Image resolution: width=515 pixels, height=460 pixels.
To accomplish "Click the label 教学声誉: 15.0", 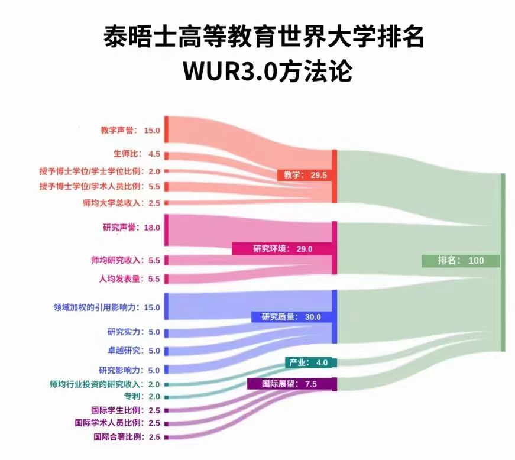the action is click(130, 130).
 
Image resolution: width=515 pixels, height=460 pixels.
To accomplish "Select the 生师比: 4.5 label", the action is click(137, 154).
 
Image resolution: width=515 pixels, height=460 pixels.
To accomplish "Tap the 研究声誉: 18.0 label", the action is click(131, 228).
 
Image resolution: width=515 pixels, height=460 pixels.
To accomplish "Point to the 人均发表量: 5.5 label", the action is click(129, 278).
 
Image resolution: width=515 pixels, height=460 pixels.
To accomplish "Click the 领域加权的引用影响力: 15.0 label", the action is click(107, 307).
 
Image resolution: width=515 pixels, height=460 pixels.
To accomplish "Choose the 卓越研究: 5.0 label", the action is click(134, 351).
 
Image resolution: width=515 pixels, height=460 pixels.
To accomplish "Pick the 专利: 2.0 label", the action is click(142, 396).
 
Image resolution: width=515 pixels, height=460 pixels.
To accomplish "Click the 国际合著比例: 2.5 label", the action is click(127, 437).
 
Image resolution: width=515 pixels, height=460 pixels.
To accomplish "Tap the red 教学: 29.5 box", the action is click(306, 175).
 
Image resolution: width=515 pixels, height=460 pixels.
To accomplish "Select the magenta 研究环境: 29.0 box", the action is click(283, 249).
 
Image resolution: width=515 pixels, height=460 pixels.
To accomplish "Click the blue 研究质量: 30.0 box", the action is click(291, 317).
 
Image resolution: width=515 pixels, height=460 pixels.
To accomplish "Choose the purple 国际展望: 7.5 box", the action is click(290, 384).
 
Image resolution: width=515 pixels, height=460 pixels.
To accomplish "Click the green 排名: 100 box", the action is click(461, 261).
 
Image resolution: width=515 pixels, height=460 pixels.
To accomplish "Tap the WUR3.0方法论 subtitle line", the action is click(267, 70).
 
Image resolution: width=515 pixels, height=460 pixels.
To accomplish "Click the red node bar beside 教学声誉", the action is click(167, 129).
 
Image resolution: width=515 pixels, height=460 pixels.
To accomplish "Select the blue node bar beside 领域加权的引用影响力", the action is click(167, 306).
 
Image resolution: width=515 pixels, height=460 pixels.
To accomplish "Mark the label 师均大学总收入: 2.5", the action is click(121, 203).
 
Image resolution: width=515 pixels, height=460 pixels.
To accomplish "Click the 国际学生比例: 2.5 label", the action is click(125, 410).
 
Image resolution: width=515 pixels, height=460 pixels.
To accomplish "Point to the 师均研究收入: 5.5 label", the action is click(125, 260).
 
